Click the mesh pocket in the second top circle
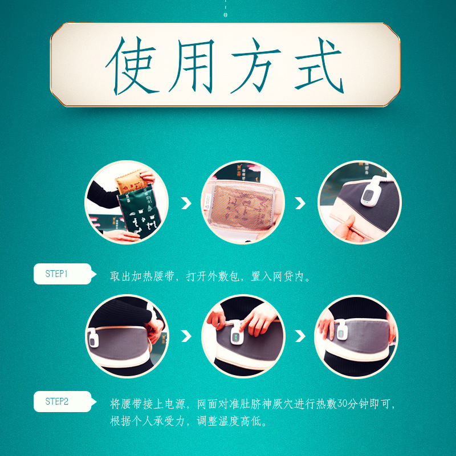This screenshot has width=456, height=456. [x=242, y=205]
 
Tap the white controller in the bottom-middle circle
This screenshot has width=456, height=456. [x=235, y=335]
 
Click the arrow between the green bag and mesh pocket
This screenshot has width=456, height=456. [x=186, y=203]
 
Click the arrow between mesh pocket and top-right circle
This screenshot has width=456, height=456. [x=300, y=203]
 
